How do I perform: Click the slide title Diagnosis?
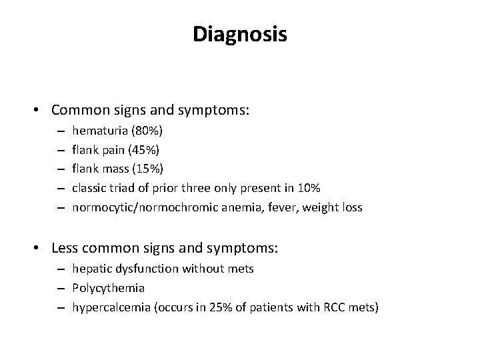click(x=240, y=34)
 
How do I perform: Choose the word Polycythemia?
click(x=109, y=289)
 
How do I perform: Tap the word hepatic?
click(x=90, y=269)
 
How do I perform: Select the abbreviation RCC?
click(x=331, y=308)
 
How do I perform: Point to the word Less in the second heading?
click(x=65, y=249)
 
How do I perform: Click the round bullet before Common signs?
click(x=41, y=109)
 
